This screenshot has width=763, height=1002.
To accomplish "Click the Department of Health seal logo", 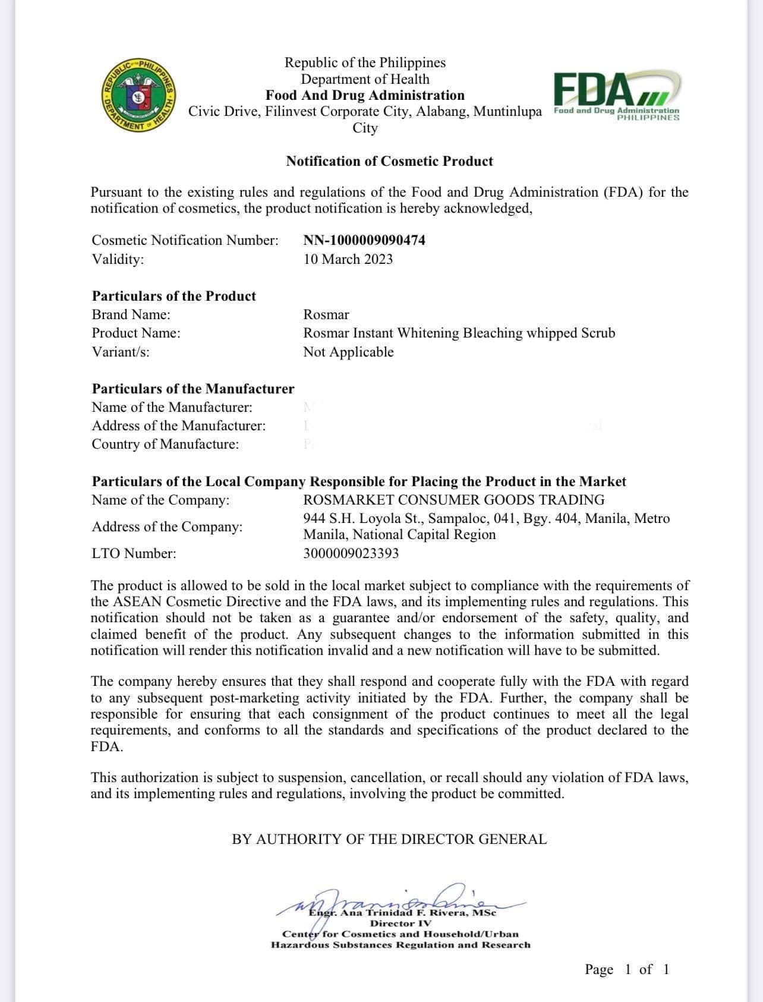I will pos(139,96).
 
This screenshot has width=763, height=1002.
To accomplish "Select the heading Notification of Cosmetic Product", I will pos(389,161).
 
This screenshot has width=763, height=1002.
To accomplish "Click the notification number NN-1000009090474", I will pos(364,240).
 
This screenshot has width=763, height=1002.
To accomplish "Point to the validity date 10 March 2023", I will pos(348,259).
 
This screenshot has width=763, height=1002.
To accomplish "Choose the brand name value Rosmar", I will pos(326,314).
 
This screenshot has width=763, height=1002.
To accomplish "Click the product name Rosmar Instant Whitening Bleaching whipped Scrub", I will pos(459,333).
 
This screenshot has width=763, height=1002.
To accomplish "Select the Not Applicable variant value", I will pos(348,352).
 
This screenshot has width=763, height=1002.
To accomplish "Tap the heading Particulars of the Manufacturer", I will pos(193,389).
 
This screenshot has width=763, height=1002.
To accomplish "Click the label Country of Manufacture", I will pos(165,444).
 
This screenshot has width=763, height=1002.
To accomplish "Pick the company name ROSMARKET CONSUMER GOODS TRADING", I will pos(453,500).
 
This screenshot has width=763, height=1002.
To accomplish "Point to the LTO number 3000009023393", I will pos(351,553).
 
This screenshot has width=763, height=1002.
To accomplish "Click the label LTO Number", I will pos(134,553).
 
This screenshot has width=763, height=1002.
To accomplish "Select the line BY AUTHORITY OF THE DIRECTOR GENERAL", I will pos(389,839).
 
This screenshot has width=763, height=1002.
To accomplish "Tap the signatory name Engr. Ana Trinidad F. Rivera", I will pos(402,912).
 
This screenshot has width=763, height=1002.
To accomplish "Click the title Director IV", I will pos(401,924).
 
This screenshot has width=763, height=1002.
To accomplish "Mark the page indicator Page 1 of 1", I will pos(627,969).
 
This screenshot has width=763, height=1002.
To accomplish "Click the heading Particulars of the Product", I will pos(174,296).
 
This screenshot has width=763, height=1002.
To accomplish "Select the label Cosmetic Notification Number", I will pos(185,240).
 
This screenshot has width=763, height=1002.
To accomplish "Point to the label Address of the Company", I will pos(167,527).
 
